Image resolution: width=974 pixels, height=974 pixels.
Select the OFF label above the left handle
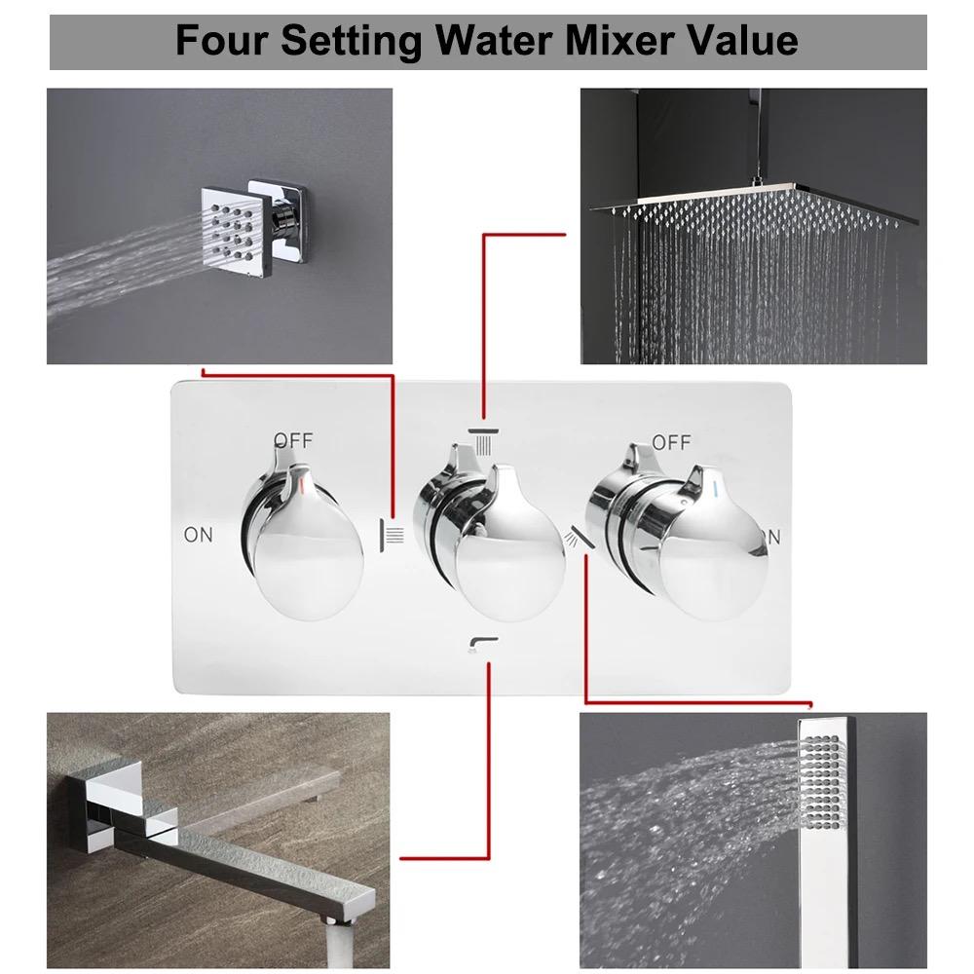coord(293,440)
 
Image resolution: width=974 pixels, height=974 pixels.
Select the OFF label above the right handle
coord(671,442)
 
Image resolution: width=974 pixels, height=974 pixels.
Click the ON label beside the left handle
coord(198,534)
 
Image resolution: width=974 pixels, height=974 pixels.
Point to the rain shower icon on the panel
coord(483,439)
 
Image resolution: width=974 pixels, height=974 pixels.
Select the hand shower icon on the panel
coord(580,536)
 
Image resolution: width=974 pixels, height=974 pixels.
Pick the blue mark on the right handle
coord(716,484)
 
